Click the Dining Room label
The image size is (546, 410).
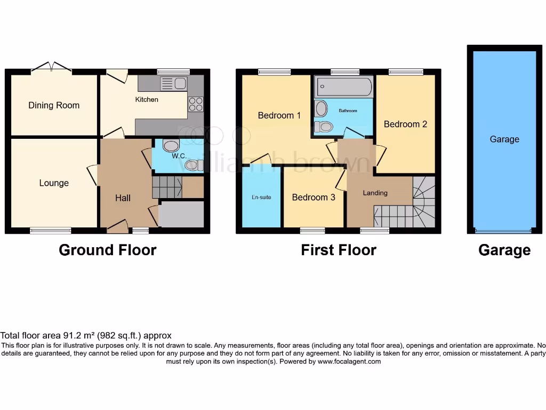point(54,105)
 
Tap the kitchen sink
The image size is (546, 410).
point(173,83)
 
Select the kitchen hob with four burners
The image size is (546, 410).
point(196,104)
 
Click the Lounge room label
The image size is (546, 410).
point(54,183)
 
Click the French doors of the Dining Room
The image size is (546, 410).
point(52,68)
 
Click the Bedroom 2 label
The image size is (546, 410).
point(405,124)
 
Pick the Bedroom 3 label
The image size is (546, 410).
point(314,197)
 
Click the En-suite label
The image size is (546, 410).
point(261,197)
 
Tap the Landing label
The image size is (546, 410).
point(375,193)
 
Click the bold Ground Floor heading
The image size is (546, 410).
point(107,250)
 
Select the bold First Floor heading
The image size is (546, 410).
point(339,250)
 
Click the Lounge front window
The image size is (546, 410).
point(51,231)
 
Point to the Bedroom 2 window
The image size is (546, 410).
point(406,72)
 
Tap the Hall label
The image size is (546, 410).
point(123,198)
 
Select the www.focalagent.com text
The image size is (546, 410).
point(349,361)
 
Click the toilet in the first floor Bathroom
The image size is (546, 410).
point(324,127)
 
